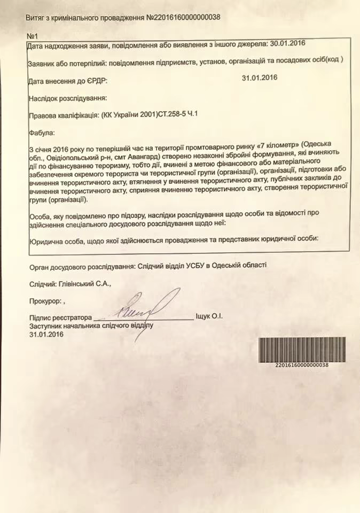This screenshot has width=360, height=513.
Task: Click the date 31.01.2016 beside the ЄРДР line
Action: [x=259, y=78]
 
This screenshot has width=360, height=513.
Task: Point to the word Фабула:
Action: [x=42, y=131]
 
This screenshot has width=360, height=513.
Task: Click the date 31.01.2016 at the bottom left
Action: [x=46, y=335]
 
